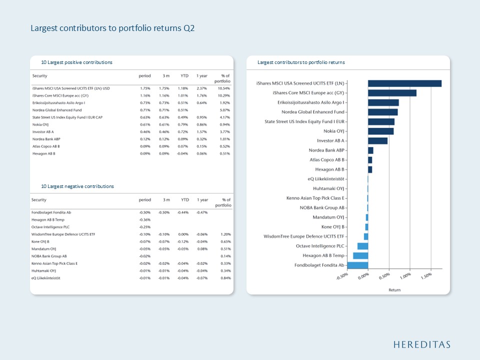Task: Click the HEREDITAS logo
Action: click(x=422, y=344)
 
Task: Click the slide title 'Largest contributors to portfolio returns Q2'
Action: click(x=112, y=28)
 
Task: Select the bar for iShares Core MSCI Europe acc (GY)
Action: click(x=392, y=93)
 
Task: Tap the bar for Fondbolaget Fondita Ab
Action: click(x=358, y=265)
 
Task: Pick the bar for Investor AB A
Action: click(x=378, y=141)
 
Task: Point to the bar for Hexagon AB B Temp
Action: click(x=360, y=255)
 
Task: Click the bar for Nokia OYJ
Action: click(x=381, y=131)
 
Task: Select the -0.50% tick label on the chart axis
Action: click(x=342, y=276)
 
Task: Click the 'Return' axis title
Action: click(x=394, y=290)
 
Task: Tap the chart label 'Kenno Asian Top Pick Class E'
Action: click(x=315, y=198)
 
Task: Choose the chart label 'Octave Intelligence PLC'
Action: click(x=320, y=246)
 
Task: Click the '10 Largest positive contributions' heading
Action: click(x=77, y=62)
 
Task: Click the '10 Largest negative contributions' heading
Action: click(x=77, y=186)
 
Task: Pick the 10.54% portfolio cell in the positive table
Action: click(x=224, y=88)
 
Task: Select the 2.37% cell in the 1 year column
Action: click(x=202, y=88)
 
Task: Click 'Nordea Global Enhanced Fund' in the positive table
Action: click(x=57, y=110)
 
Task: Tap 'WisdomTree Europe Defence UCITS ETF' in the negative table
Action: click(x=63, y=234)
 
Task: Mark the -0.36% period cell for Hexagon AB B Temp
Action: click(x=145, y=220)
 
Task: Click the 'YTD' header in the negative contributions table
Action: click(x=185, y=200)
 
